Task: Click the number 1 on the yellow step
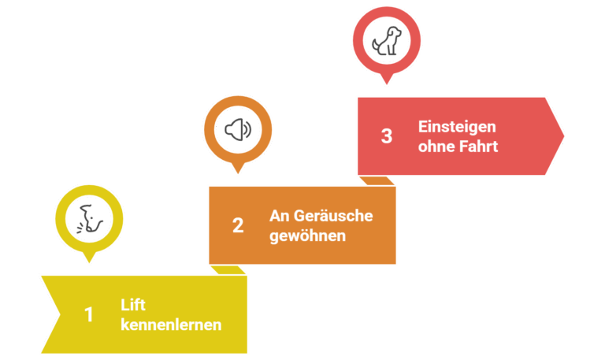(x=89, y=314)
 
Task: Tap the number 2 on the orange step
(x=238, y=225)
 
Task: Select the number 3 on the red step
(x=386, y=135)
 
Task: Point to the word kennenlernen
(x=171, y=325)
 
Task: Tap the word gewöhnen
(x=307, y=236)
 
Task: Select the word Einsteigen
(x=457, y=126)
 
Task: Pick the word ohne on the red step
(x=435, y=146)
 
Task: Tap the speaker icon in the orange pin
(x=238, y=130)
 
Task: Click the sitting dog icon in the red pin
(x=386, y=40)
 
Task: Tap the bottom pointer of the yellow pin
(x=89, y=257)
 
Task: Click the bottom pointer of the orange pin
(x=238, y=169)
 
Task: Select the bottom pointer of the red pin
(x=386, y=80)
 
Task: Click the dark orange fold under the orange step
(x=230, y=269)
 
